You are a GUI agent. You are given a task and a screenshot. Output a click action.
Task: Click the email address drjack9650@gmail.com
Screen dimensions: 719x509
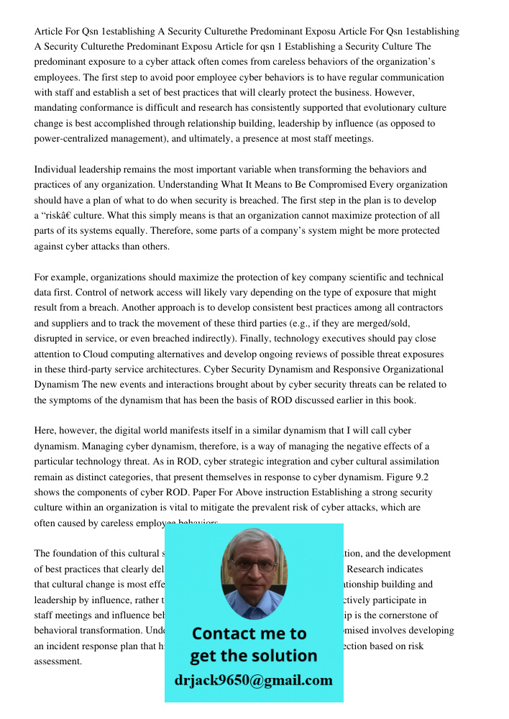click(254, 680)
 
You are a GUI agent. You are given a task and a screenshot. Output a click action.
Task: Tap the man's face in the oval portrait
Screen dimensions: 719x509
click(253, 569)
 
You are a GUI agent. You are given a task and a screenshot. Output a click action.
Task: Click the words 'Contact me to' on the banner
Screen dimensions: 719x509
click(249, 633)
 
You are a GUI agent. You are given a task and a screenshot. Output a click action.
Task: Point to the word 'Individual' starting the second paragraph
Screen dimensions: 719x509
click(56, 170)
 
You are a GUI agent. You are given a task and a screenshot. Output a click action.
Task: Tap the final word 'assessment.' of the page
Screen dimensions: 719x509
click(58, 661)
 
